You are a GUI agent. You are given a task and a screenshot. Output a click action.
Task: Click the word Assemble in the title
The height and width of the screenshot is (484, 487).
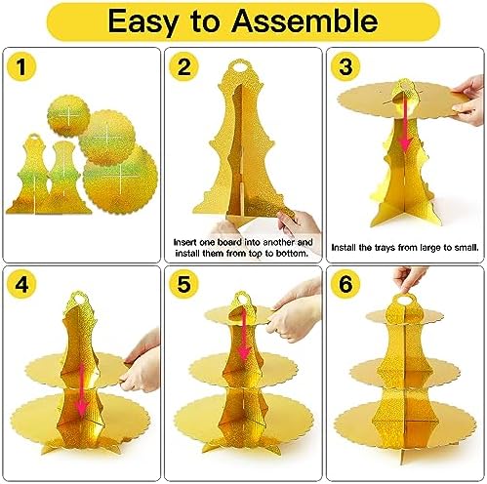click(304, 20)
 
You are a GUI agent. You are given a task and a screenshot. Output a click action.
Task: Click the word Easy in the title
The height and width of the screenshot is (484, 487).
click(142, 22)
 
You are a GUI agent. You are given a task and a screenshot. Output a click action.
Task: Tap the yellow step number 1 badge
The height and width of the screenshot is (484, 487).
click(21, 66)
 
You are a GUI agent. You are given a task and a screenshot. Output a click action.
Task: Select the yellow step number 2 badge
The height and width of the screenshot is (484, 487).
click(183, 66)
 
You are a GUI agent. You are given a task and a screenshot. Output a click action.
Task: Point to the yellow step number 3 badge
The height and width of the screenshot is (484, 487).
click(345, 66)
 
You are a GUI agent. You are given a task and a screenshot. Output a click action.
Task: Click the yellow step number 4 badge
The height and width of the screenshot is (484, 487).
click(21, 285)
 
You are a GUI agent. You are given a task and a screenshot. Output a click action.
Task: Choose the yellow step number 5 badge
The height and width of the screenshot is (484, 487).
click(183, 285)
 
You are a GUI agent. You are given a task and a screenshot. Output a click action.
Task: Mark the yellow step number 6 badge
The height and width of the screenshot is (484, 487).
click(345, 285)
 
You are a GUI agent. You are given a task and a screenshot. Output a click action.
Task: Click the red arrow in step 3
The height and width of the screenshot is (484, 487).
click(405, 125)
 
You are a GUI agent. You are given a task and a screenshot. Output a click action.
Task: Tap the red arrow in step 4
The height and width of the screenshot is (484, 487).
click(81, 389)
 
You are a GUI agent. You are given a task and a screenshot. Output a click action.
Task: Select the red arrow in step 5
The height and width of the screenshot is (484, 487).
click(244, 336)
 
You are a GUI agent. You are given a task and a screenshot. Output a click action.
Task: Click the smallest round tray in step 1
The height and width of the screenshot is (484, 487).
click(68, 116)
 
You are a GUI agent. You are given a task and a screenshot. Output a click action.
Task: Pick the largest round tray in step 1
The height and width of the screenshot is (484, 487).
click(120, 180)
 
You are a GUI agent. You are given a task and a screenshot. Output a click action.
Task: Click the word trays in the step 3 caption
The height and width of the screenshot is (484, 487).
click(385, 248)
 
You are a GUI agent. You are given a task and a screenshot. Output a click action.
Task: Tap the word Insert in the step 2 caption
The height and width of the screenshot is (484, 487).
click(184, 242)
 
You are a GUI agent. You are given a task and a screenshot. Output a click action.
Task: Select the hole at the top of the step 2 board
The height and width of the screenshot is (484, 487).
click(239, 68)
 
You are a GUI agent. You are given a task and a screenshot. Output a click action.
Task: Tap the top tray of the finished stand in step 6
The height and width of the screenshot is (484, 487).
click(405, 317)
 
